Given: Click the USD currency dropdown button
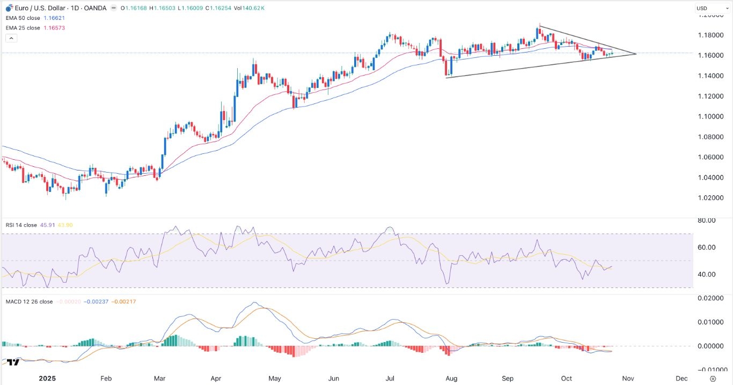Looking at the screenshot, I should click(707, 8).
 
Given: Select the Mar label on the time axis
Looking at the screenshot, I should click(159, 378).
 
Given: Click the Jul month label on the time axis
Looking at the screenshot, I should click(390, 378).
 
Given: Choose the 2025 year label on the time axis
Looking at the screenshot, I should click(47, 378).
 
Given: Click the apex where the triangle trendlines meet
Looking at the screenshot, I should click(636, 54).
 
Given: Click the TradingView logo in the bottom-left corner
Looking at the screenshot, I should click(13, 362).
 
